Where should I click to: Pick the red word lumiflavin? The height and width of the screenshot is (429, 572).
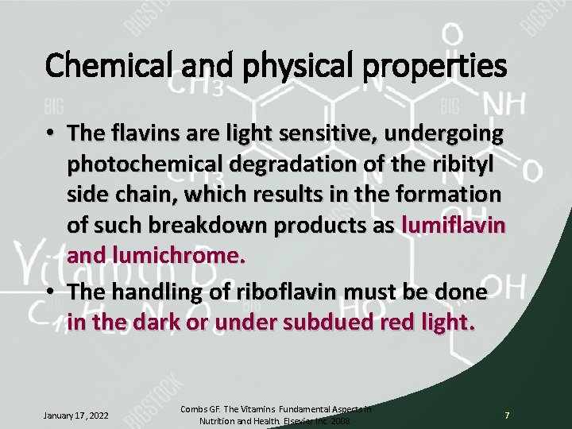coord(454,226)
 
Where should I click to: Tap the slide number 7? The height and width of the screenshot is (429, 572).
coord(507,415)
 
